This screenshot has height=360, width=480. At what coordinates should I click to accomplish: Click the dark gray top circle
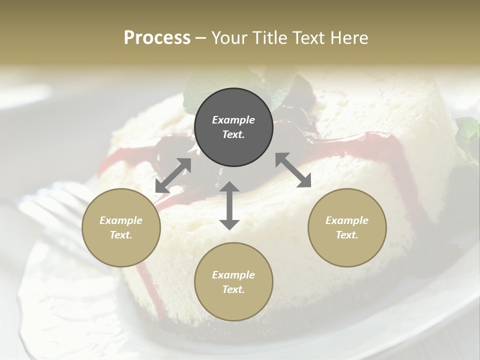pyautogui.click(x=233, y=127)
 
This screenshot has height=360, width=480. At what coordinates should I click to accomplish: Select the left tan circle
pyautogui.click(x=121, y=227)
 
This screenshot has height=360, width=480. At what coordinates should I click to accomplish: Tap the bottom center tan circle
pyautogui.click(x=233, y=282)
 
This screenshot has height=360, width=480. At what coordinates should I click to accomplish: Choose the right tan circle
pyautogui.click(x=347, y=227)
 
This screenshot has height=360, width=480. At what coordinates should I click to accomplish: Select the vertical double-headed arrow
pyautogui.click(x=229, y=205)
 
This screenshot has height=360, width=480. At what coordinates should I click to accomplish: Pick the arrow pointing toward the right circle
pyautogui.click(x=293, y=170)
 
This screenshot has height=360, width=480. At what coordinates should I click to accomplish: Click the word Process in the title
pyautogui.click(x=157, y=37)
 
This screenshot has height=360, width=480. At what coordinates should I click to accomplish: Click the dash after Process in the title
pyautogui.click(x=201, y=38)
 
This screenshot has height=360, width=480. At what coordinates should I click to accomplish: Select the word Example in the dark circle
pyautogui.click(x=233, y=120)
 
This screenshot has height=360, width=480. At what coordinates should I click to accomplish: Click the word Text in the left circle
pyautogui.click(x=121, y=235)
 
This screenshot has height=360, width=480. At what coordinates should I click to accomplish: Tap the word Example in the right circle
pyautogui.click(x=347, y=220)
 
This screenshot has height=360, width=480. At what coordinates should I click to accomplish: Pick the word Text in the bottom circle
pyautogui.click(x=233, y=289)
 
